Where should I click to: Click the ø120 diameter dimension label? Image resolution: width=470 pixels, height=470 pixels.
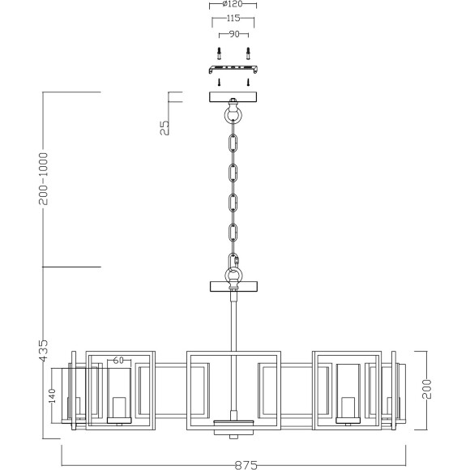tap(233, 5)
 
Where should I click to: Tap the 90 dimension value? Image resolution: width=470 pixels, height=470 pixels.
tap(233, 36)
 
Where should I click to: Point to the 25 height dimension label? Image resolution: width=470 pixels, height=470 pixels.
tap(164, 127)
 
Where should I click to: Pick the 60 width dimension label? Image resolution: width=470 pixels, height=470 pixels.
tap(118, 360)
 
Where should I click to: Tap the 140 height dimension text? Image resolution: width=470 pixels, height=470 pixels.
tap(51, 395)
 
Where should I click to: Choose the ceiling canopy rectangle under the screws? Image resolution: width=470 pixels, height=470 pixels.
tap(233, 96)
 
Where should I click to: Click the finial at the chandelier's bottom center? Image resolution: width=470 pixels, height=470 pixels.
tap(233, 430)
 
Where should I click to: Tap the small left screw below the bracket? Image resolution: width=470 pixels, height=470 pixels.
tap(219, 82)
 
